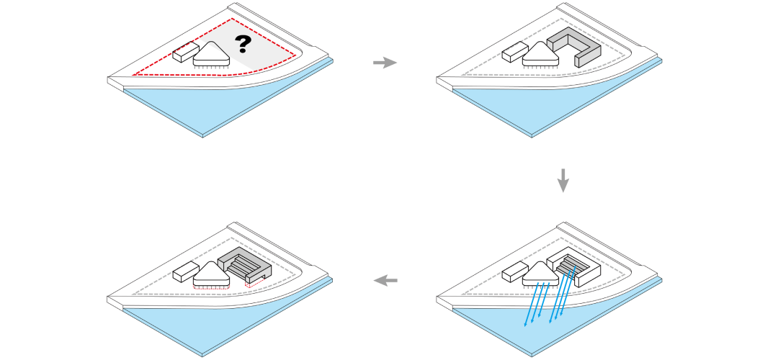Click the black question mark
[243, 45]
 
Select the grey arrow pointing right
[385, 63]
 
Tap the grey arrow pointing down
[563, 180]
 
